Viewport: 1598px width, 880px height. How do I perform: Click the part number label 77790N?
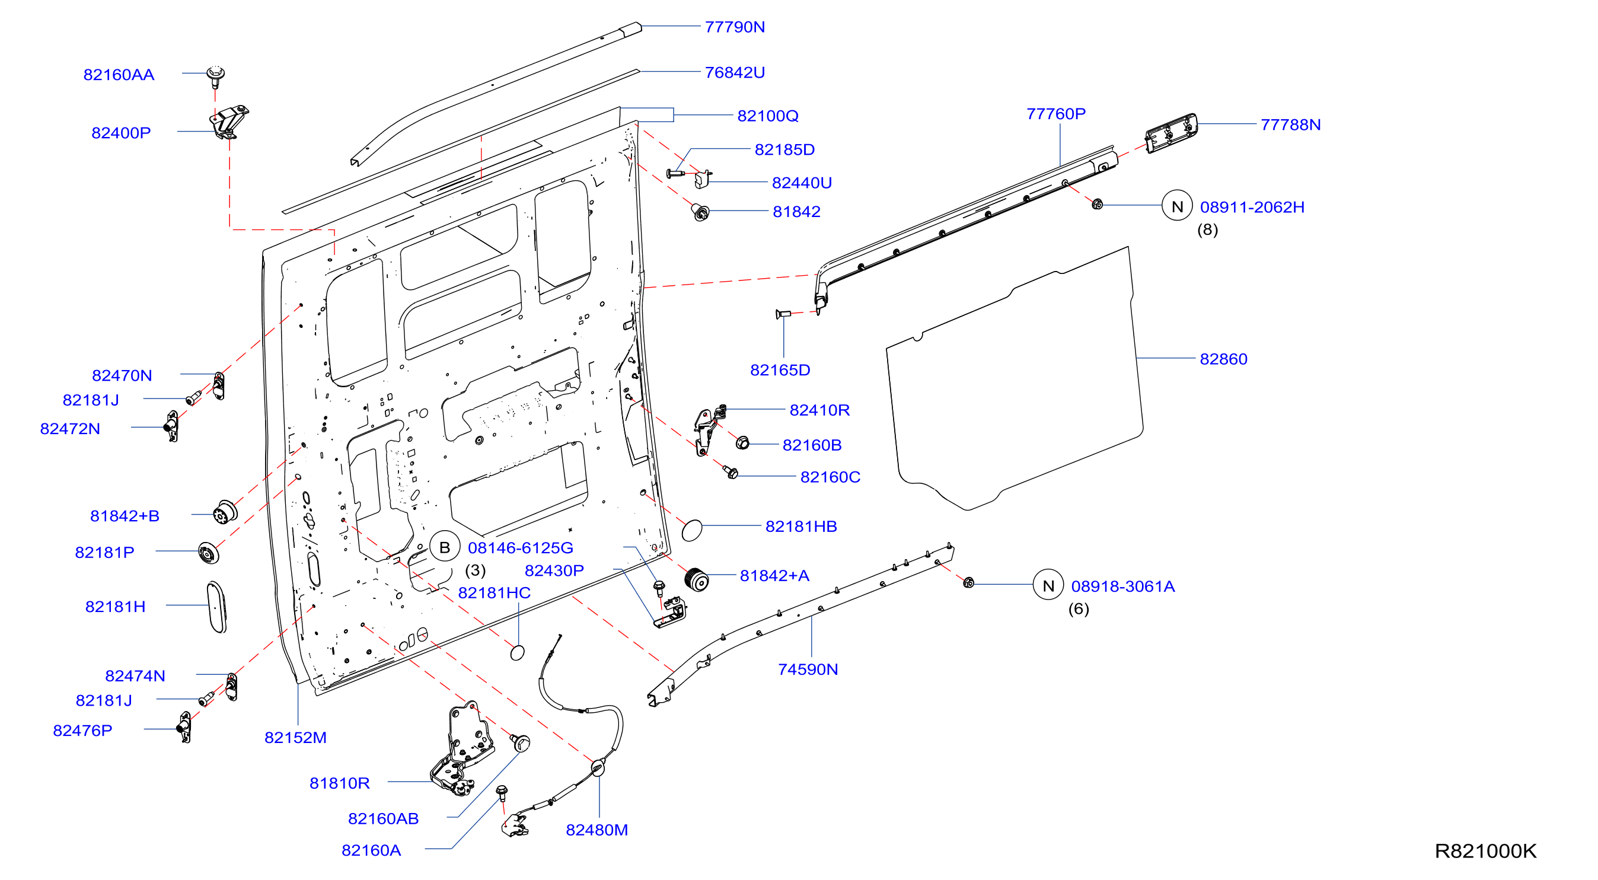tap(735, 27)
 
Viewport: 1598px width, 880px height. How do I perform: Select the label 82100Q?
tap(767, 116)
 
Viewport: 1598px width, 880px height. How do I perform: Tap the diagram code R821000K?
tap(1485, 851)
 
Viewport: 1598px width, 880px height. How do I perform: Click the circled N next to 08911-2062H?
tap(1177, 206)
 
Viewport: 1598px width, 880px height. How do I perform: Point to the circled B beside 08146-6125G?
tap(444, 547)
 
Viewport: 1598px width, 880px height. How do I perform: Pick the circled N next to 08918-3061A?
tap(1048, 585)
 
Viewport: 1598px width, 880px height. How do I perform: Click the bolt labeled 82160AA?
tap(215, 75)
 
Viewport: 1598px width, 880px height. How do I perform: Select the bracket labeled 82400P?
tap(228, 122)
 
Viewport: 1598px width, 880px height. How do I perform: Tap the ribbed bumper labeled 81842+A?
tap(697, 579)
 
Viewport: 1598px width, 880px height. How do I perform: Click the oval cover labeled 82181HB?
tap(692, 531)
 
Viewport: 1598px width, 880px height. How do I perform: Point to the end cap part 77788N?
tap(1171, 132)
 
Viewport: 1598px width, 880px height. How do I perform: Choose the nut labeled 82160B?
tap(742, 443)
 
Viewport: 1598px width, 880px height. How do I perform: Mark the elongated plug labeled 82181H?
tap(216, 607)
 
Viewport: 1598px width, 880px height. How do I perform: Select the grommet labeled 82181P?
tap(209, 552)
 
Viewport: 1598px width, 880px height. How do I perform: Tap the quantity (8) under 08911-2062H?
tap(1207, 229)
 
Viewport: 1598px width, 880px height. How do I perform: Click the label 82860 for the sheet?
tap(1223, 359)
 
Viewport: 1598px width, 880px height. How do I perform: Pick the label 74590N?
tap(808, 669)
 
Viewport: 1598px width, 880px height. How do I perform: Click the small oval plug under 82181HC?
tap(516, 652)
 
